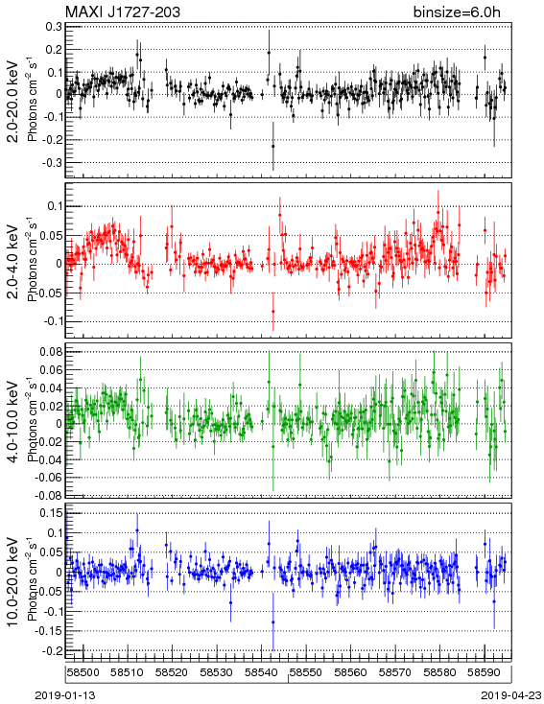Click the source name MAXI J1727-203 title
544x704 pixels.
click(x=122, y=12)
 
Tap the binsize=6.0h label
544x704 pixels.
click(x=457, y=12)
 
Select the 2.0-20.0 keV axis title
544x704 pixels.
click(x=13, y=102)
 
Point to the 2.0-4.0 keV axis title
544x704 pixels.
click(x=13, y=262)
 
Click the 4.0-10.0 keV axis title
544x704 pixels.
click(x=13, y=422)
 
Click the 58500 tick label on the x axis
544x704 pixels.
click(x=83, y=672)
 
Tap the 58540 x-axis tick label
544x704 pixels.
click(x=261, y=672)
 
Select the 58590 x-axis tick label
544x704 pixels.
click(x=485, y=672)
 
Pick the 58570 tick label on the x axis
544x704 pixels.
click(x=395, y=672)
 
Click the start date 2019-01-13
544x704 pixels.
click(x=65, y=695)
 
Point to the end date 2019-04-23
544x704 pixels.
click(x=511, y=695)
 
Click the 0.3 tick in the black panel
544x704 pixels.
click(x=54, y=26)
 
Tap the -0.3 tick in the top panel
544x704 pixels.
click(x=52, y=162)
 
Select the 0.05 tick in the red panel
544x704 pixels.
click(x=52, y=235)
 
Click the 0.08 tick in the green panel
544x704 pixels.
click(x=52, y=351)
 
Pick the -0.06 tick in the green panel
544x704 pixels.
click(x=50, y=477)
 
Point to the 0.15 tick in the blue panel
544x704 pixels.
click(x=52, y=512)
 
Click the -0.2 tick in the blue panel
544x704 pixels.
click(x=52, y=650)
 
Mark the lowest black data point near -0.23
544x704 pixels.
click(x=273, y=146)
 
